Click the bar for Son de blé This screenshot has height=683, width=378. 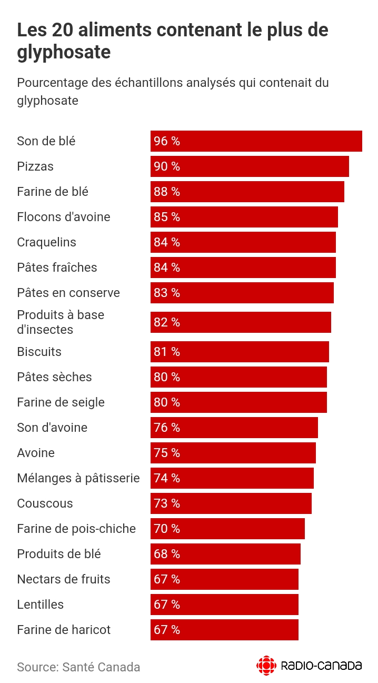[x=256, y=141]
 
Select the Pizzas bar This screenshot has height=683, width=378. [x=250, y=166]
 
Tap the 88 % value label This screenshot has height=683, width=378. [x=167, y=192]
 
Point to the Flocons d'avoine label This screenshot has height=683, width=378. [x=64, y=217]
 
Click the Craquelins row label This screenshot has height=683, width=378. [x=46, y=242]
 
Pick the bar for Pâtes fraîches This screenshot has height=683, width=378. [x=243, y=268]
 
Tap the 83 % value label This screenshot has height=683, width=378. [x=167, y=293]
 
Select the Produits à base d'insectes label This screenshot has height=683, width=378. [x=61, y=322]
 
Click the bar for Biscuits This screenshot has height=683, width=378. [x=240, y=352]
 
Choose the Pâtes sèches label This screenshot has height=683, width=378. [x=54, y=377]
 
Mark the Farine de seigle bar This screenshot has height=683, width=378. [x=238, y=402]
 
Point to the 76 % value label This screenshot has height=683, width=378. [x=167, y=428]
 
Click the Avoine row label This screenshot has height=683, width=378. [x=36, y=453]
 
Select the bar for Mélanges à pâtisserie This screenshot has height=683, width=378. [x=232, y=478]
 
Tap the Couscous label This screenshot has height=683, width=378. [x=45, y=503]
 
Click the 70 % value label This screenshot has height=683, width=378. [x=167, y=529]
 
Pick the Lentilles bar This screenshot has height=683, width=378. [x=224, y=605]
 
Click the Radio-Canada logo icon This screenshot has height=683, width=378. [x=266, y=666]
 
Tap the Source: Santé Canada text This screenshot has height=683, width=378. [x=78, y=667]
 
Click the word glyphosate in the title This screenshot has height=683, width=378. [x=64, y=53]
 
